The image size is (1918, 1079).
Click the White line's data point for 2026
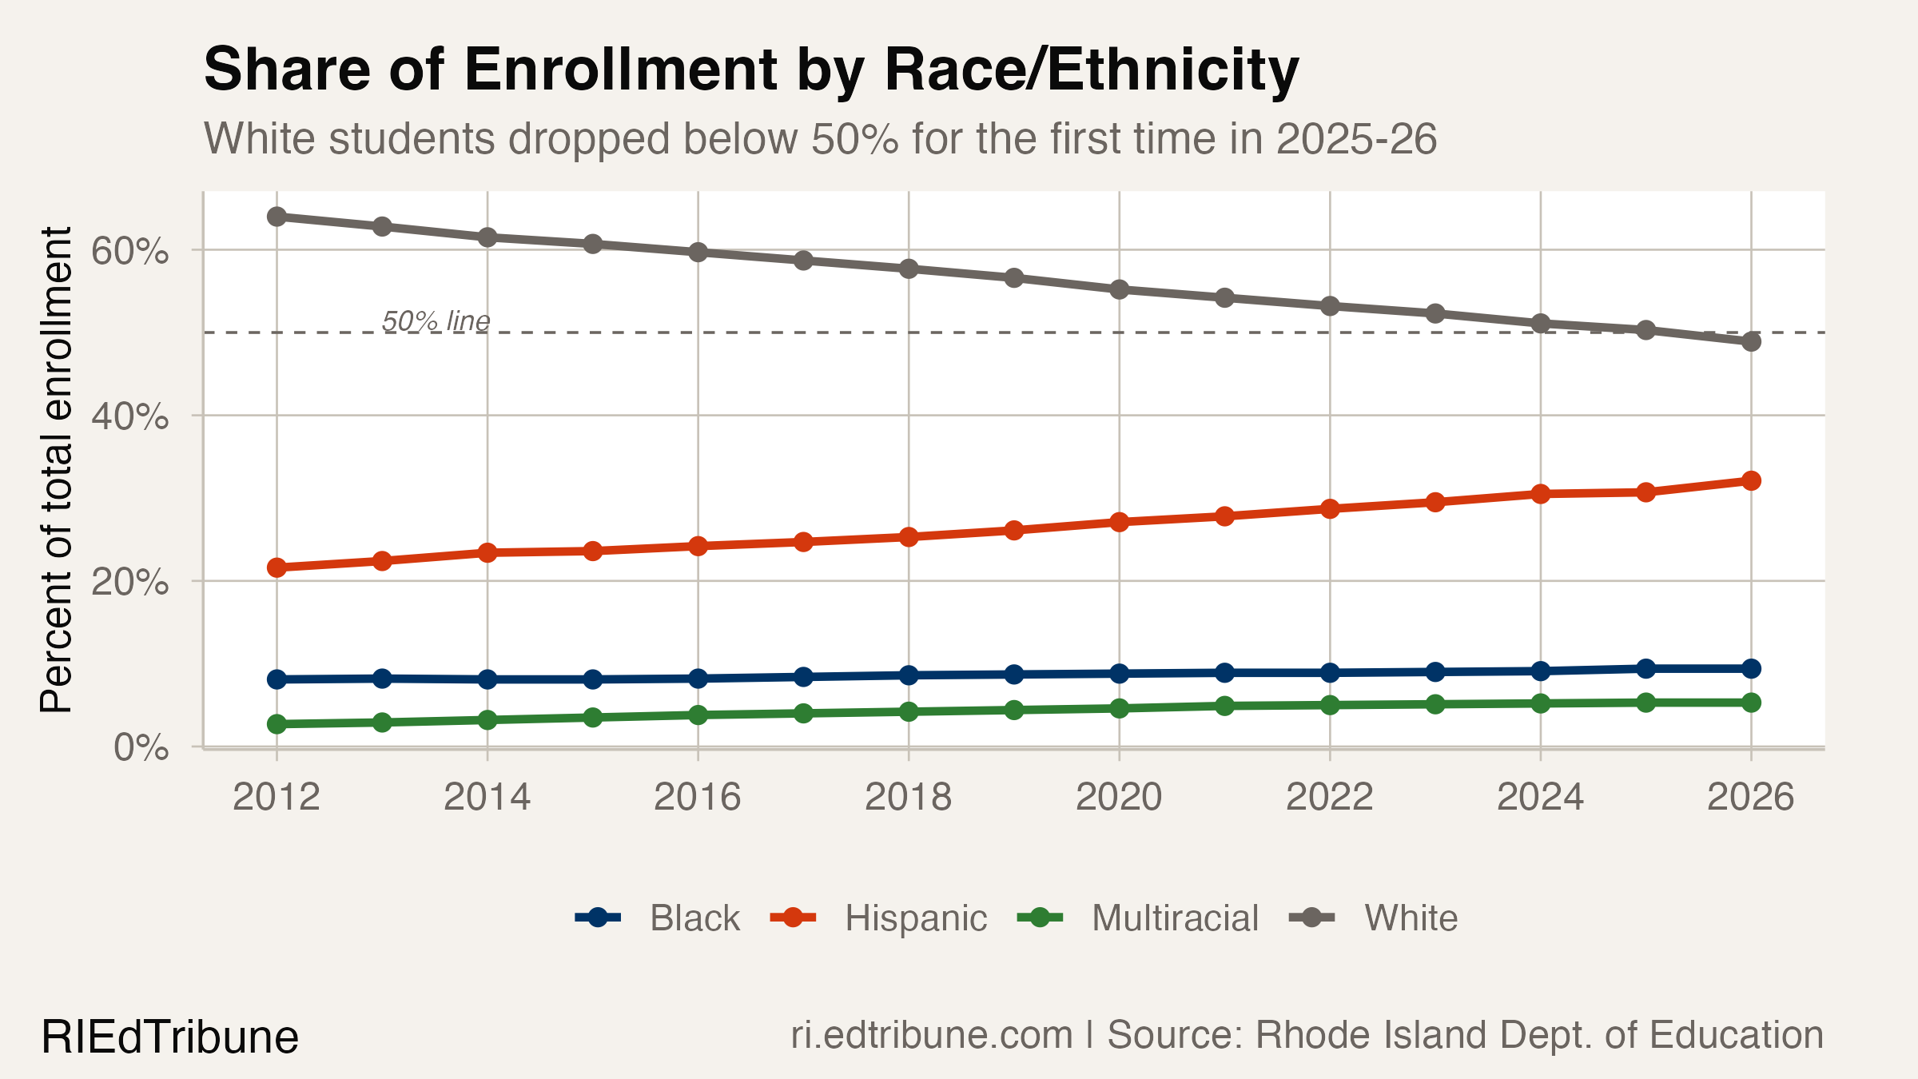tap(1751, 342)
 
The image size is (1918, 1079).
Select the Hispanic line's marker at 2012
tap(277, 567)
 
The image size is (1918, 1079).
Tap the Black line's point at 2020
tap(1119, 674)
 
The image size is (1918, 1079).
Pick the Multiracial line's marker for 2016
tap(698, 715)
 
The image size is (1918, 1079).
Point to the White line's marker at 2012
tap(277, 217)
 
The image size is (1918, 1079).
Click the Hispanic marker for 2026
tap(1751, 481)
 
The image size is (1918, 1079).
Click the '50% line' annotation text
tap(436, 321)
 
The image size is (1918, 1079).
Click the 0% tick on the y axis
tap(141, 748)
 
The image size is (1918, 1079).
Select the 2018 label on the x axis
tap(908, 797)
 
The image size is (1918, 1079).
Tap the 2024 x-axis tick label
tap(1540, 797)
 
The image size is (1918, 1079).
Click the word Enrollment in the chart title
tap(620, 70)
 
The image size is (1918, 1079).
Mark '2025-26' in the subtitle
tap(1356, 139)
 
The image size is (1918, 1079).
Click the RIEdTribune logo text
tap(169, 1037)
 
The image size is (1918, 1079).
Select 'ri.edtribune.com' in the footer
tap(931, 1035)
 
